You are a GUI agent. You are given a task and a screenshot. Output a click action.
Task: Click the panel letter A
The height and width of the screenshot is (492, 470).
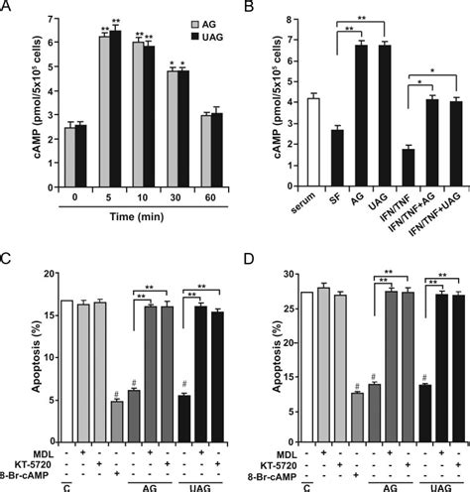(x=9, y=9)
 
